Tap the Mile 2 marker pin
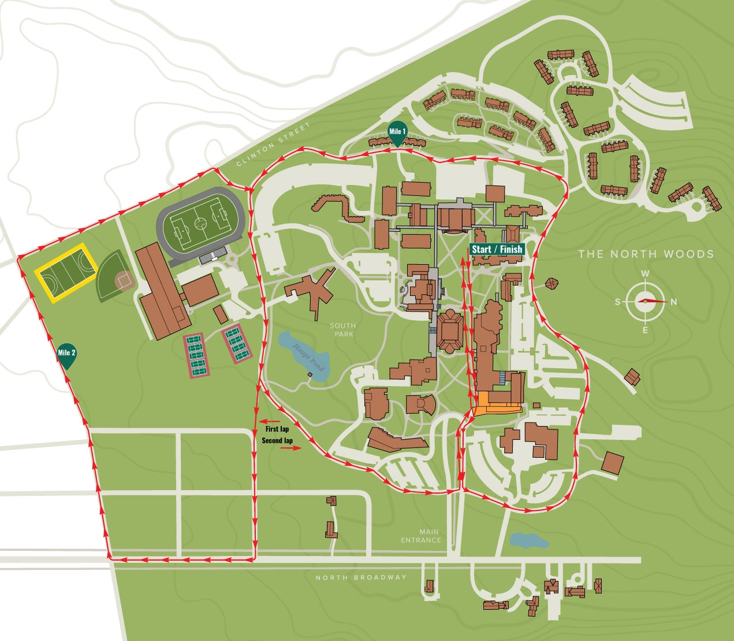pyautogui.click(x=66, y=354)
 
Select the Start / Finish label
pyautogui.click(x=497, y=249)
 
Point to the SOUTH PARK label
pyautogui.click(x=342, y=330)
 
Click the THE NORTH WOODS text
pyautogui.click(x=646, y=254)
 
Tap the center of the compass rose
pyautogui.click(x=645, y=301)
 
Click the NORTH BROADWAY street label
pyautogui.click(x=361, y=577)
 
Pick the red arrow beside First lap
pyautogui.click(x=270, y=421)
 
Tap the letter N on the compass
pyautogui.click(x=673, y=302)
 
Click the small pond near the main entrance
pyautogui.click(x=528, y=540)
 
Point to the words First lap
pyautogui.click(x=277, y=429)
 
